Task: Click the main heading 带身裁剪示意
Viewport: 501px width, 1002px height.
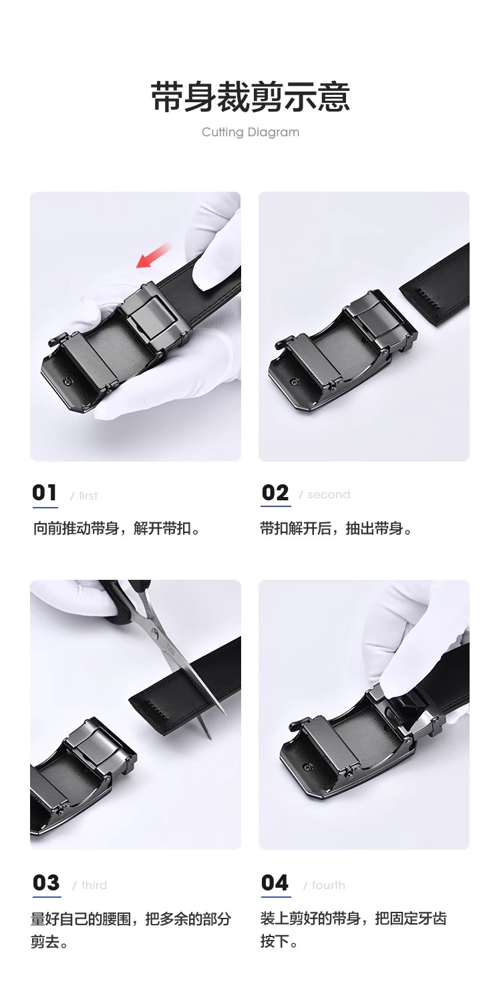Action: tap(250, 98)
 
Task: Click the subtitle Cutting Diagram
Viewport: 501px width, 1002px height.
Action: tap(251, 132)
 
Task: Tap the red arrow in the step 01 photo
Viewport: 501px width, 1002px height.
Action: tap(153, 257)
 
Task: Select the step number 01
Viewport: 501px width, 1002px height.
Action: tap(45, 493)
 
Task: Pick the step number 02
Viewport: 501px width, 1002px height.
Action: tap(275, 493)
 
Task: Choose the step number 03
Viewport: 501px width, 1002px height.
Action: tap(46, 883)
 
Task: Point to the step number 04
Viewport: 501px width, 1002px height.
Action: tap(275, 883)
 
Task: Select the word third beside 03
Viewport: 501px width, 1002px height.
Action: tap(94, 885)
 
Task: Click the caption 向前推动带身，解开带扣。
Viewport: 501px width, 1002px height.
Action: tap(117, 529)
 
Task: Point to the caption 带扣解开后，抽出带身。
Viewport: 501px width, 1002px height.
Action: tap(337, 529)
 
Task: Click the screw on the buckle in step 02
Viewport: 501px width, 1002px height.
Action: tap(294, 381)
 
